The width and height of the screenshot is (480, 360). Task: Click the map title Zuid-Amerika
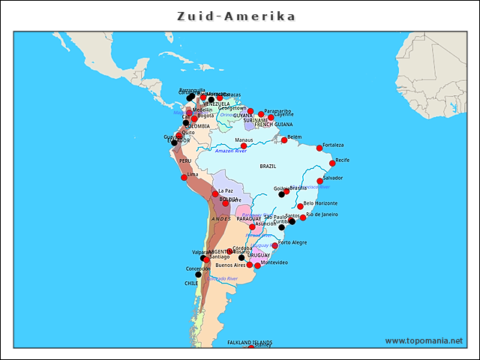tap(236, 16)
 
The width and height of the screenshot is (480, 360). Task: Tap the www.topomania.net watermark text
tap(424, 340)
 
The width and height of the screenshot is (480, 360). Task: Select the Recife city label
tap(342, 160)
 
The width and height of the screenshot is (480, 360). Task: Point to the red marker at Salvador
tap(320, 181)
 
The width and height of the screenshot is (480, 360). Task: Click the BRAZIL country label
tap(268, 166)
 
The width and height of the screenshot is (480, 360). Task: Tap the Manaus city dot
tap(244, 146)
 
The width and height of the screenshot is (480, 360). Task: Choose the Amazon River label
tap(230, 151)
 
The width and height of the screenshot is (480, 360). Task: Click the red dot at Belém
tap(284, 139)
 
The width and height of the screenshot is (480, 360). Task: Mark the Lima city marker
tap(184, 178)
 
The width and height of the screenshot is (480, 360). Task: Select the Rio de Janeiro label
tap(322, 214)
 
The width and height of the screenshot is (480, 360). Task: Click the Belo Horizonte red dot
tap(300, 206)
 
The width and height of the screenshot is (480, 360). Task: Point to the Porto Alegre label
tap(292, 242)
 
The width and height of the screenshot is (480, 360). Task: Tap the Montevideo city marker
tap(257, 265)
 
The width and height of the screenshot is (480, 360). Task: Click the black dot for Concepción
tap(199, 274)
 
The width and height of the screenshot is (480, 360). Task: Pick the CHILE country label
tap(191, 283)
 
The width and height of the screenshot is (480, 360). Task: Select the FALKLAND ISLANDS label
tap(250, 342)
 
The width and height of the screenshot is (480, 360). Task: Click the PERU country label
tap(185, 161)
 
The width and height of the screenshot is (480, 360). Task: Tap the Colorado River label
tap(223, 278)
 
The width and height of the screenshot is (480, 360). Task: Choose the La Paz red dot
tap(215, 193)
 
